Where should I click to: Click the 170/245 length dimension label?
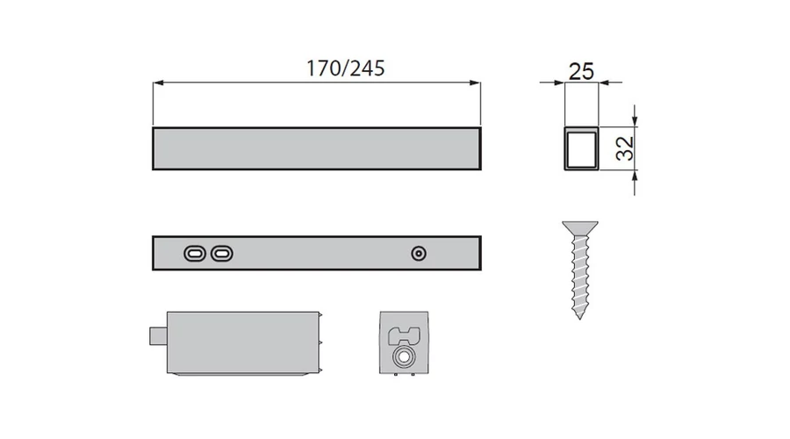click(x=346, y=68)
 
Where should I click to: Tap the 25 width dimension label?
click(x=581, y=72)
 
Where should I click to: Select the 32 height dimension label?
click(x=625, y=148)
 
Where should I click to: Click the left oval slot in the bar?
click(x=195, y=253)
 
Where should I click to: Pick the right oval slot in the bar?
click(x=222, y=253)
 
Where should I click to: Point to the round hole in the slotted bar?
click(x=419, y=253)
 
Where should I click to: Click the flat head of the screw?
click(x=580, y=227)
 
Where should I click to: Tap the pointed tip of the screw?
click(x=580, y=318)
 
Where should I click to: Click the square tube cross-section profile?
click(x=581, y=148)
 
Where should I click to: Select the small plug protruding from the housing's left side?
click(x=158, y=336)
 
